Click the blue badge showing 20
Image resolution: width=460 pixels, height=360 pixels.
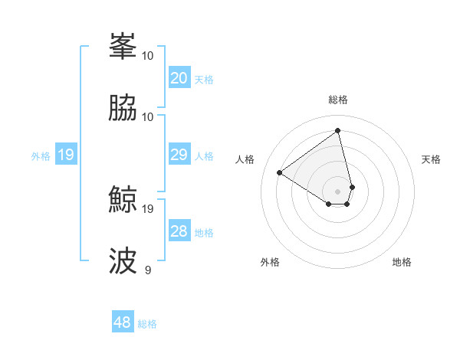tap(179, 78)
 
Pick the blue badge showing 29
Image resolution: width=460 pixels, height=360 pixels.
tap(179, 155)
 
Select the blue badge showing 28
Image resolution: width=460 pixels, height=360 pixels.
tap(179, 231)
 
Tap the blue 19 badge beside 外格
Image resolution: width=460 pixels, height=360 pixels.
tap(65, 155)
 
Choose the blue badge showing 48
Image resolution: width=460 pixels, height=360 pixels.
tap(123, 322)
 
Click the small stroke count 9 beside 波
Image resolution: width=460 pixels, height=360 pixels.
tap(148, 270)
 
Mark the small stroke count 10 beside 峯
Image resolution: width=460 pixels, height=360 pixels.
tap(148, 55)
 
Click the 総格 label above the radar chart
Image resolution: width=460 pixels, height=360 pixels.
tap(338, 100)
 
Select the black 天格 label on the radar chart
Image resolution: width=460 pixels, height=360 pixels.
tap(431, 159)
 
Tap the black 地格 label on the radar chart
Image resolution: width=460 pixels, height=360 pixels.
tap(402, 262)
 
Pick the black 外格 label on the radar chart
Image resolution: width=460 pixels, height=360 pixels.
tap(270, 262)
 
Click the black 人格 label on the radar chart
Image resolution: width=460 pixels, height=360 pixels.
tap(245, 159)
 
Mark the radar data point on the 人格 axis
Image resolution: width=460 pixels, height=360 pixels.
tap(280, 172)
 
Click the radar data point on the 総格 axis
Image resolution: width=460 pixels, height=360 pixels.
tap(338, 130)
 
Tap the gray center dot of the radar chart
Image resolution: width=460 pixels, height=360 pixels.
tap(338, 191)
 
